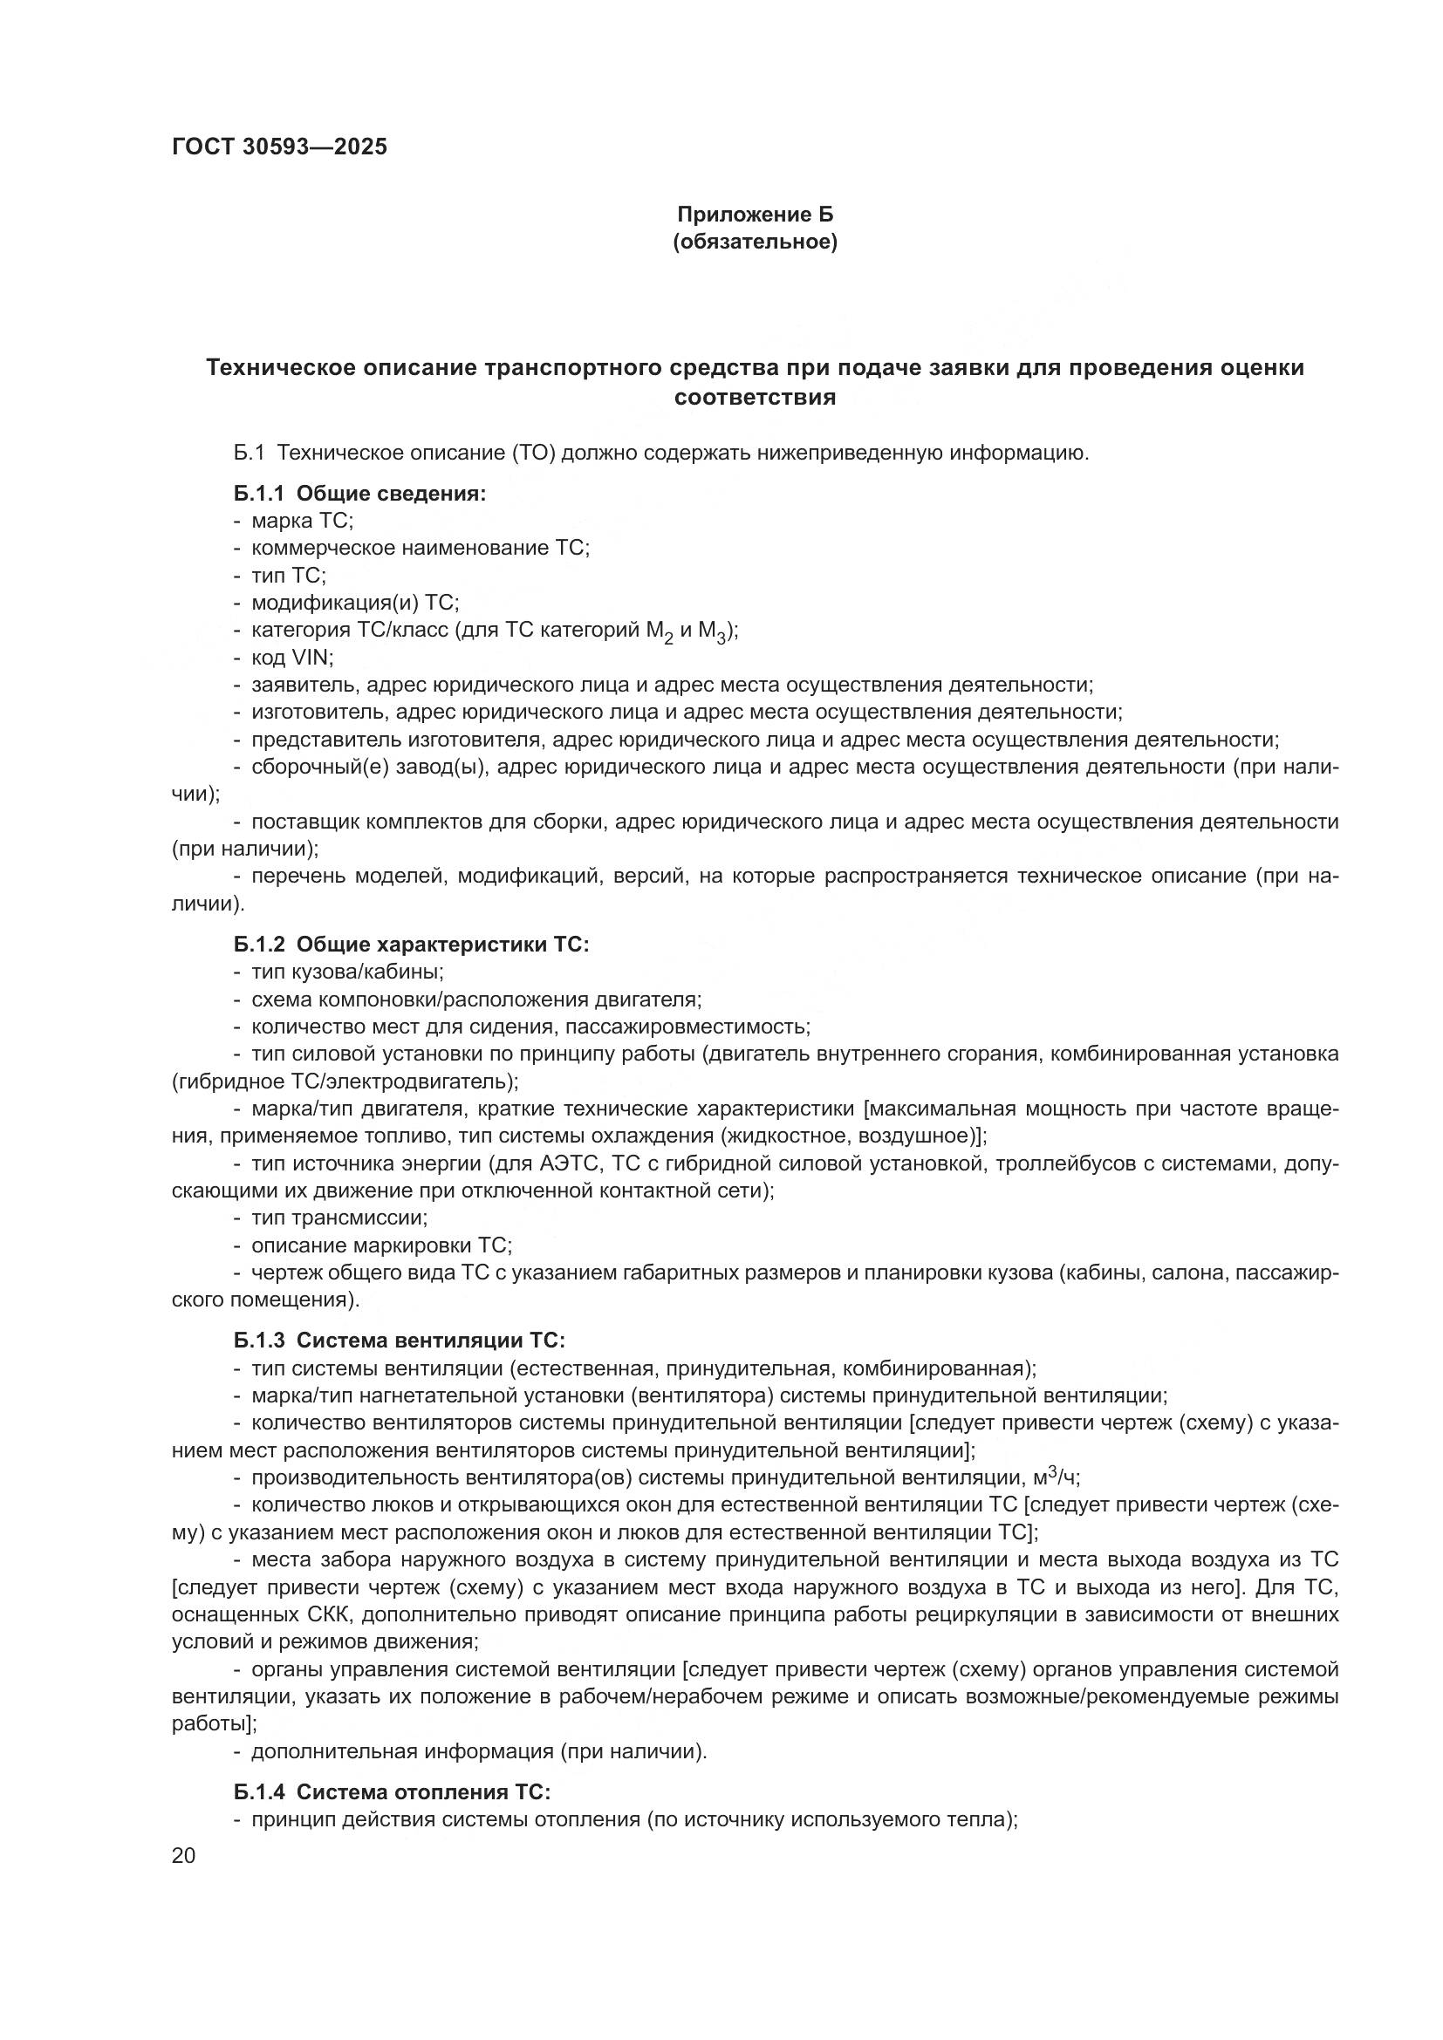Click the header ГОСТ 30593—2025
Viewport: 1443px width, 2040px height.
tap(280, 147)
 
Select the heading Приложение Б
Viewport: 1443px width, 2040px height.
tap(756, 215)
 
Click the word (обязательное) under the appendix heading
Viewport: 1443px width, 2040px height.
tap(756, 242)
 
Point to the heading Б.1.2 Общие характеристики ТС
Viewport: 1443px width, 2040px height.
tap(412, 945)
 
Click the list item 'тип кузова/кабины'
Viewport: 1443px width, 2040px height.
tap(347, 972)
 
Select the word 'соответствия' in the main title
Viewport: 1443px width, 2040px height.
tap(756, 397)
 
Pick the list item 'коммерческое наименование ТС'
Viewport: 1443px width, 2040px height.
tap(421, 549)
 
